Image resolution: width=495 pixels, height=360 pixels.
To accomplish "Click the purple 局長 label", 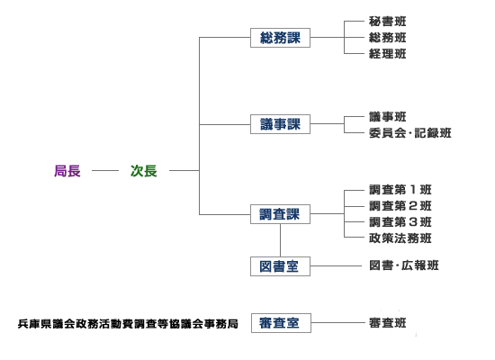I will tap(67, 170).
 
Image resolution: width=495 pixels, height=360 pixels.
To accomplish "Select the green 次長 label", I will tap(144, 170).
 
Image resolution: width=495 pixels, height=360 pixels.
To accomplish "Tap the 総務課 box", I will tap(280, 38).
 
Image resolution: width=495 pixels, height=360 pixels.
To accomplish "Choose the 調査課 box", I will tap(280, 214).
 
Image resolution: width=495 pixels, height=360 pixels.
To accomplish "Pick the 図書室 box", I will tap(280, 265).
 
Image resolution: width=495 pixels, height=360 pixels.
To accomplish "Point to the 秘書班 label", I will tap(388, 22).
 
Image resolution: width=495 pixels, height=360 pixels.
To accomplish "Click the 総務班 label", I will tap(388, 38).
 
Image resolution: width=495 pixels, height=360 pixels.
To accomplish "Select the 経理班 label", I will tap(388, 54).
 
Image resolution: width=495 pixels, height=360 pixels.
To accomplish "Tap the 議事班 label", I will tap(388, 117).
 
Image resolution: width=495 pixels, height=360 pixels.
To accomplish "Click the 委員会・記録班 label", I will tap(409, 133).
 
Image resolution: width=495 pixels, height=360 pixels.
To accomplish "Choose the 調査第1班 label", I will tap(400, 190).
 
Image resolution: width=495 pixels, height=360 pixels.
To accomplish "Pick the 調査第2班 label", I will tap(400, 206).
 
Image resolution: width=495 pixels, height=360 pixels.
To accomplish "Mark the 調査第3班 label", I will tap(400, 222).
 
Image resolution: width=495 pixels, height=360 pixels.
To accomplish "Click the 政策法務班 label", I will tap(400, 238).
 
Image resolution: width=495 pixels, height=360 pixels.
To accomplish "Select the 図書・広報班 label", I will tap(404, 265).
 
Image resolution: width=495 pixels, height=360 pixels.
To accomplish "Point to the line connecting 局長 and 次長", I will tap(105, 170).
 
